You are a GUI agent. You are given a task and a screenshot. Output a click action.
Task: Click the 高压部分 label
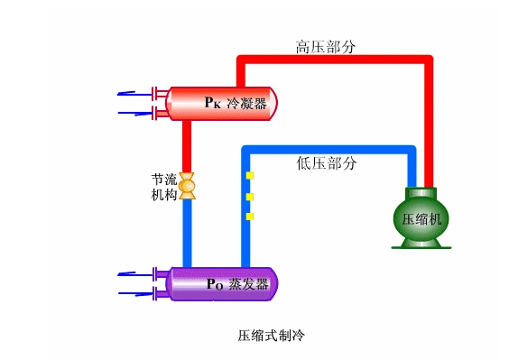(326, 45)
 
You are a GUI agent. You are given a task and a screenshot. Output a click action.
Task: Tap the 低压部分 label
(326, 163)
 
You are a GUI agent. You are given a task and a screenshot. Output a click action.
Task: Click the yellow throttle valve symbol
(188, 185)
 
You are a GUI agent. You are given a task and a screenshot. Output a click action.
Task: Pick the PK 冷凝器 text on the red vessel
(236, 103)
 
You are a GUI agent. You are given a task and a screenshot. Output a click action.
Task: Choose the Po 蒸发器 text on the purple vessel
(237, 284)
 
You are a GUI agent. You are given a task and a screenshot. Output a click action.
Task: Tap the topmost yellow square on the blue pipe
(250, 175)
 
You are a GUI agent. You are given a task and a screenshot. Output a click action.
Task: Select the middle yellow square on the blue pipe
(250, 196)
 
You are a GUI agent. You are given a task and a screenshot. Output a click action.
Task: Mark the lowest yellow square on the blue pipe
(250, 217)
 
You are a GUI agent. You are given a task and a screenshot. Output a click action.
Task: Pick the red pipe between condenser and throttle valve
(188, 144)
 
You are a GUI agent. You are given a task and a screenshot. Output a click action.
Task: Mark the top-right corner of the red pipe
(429, 60)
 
